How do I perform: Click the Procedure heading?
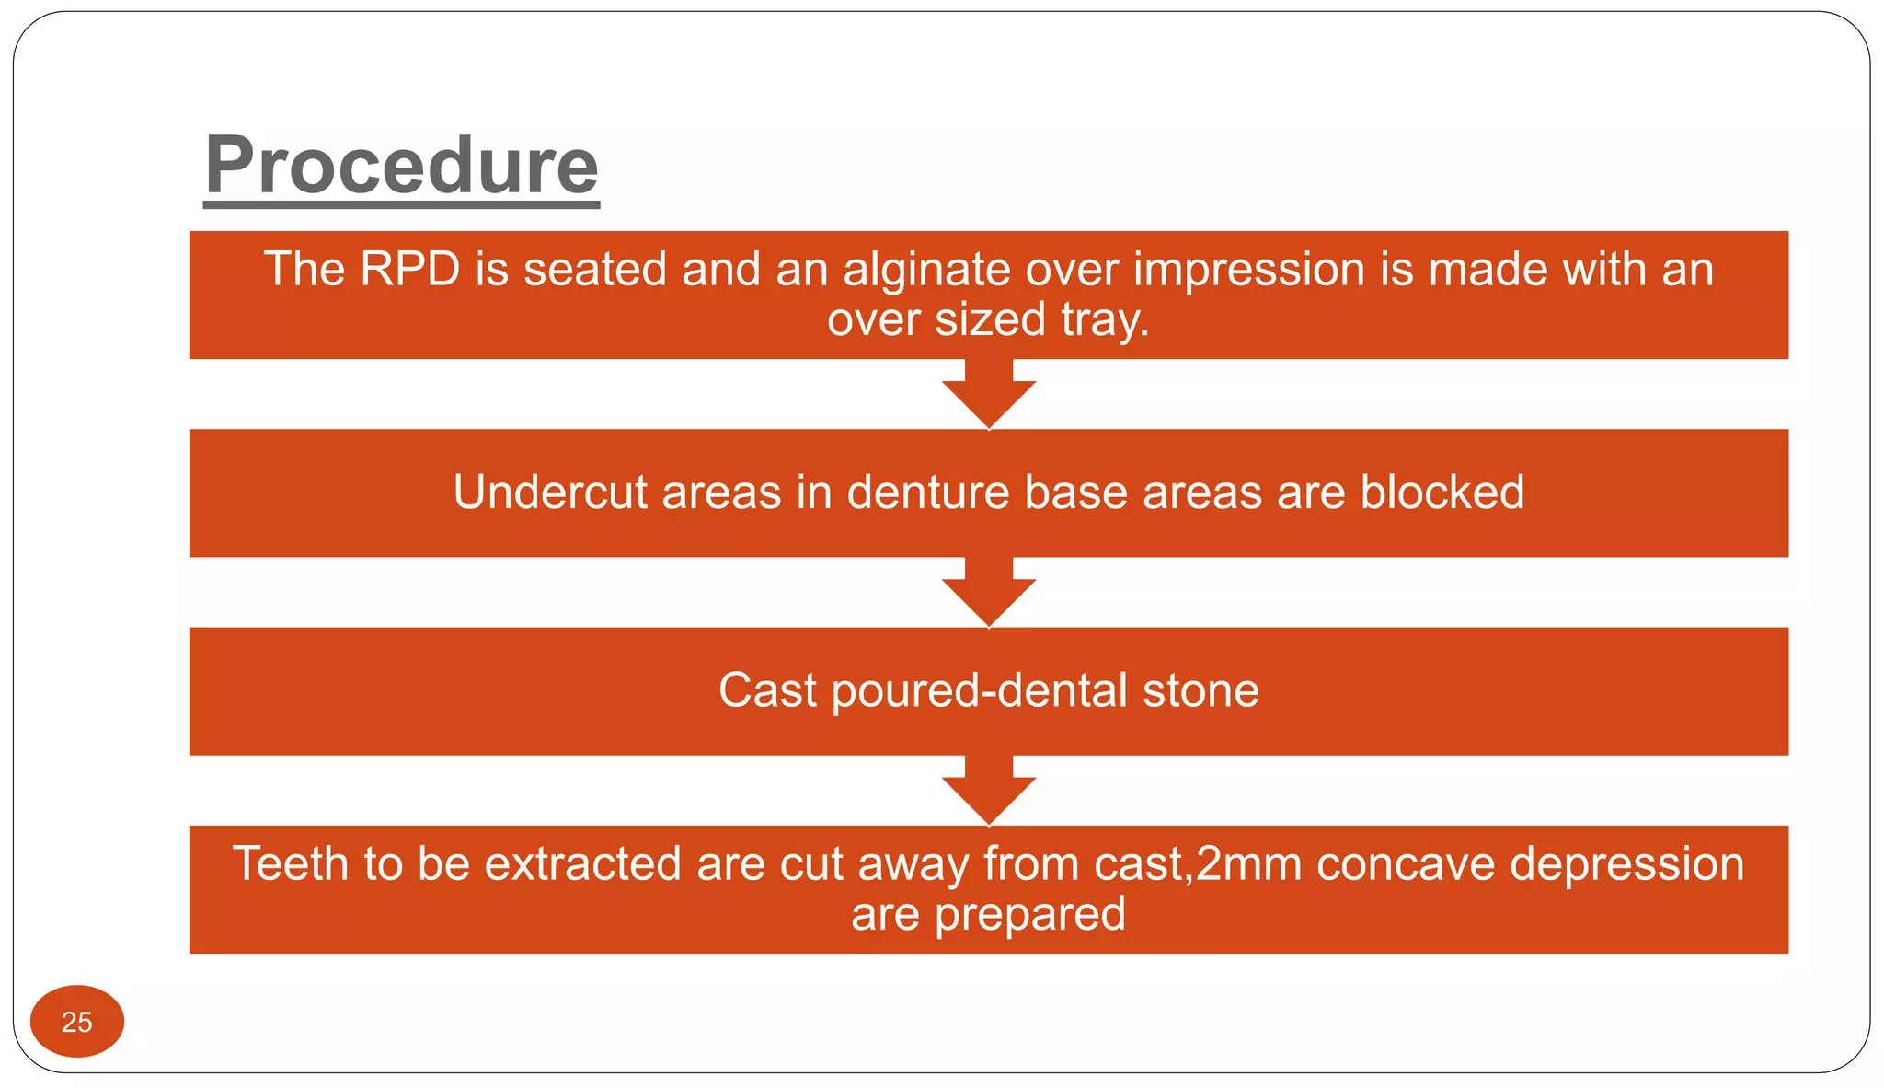tap(401, 167)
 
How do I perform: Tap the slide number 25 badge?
tap(77, 1022)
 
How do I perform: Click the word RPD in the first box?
tap(409, 270)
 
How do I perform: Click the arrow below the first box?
tap(989, 396)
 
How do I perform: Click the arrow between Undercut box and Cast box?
tap(989, 595)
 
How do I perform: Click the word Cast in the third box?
tap(767, 690)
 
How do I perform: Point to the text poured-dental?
tap(979, 692)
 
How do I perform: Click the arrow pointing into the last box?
tap(989, 793)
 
